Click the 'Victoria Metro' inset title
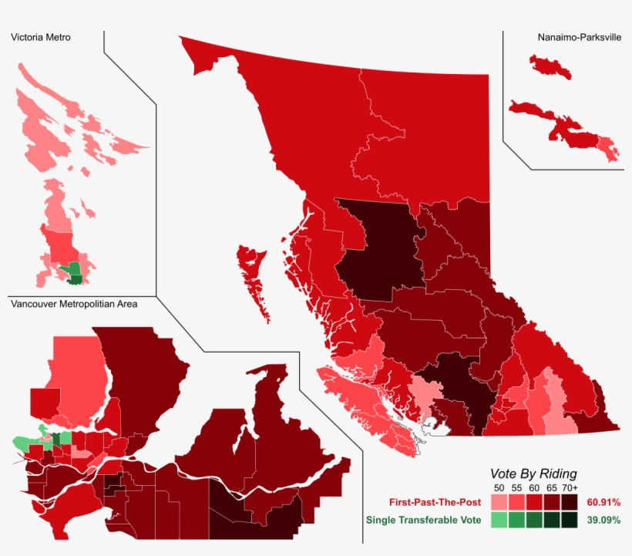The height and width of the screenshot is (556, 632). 41,37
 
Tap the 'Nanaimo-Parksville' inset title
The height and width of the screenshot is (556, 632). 579,37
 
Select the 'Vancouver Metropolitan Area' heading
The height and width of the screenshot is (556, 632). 74,304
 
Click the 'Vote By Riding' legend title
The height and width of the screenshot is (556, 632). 533,473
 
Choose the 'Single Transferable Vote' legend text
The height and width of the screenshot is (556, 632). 423,521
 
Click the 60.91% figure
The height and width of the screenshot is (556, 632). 603,503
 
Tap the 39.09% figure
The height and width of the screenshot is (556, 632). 603,521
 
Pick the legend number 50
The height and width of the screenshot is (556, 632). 498,488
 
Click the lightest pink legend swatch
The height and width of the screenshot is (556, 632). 498,503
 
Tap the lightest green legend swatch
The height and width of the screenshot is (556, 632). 498,521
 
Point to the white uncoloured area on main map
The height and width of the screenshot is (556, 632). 436,426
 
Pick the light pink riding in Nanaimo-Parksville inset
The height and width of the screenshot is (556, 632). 610,150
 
